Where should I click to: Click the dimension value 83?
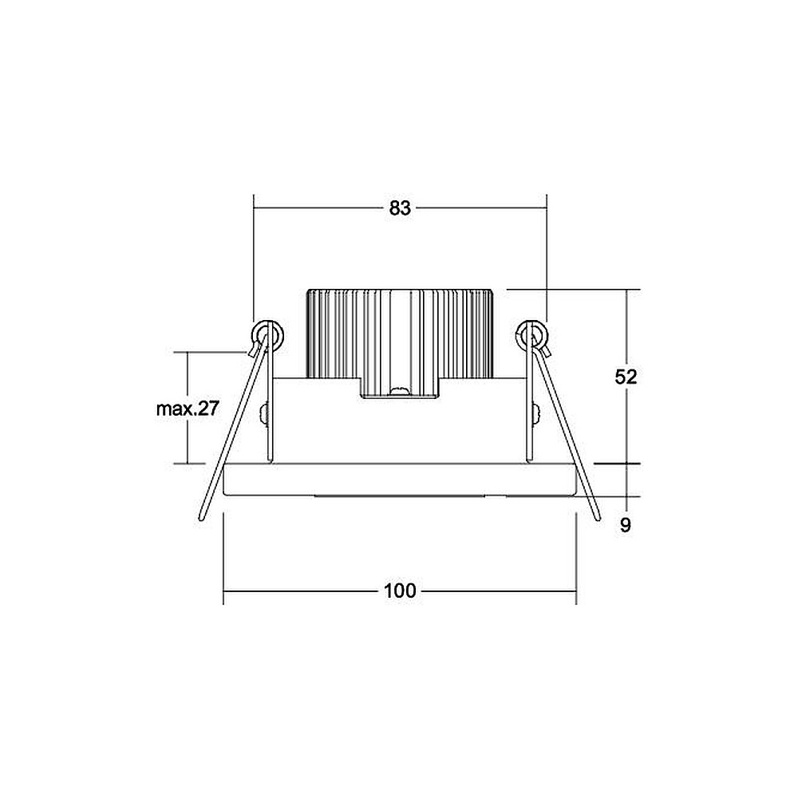click(400, 208)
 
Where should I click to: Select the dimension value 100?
click(400, 591)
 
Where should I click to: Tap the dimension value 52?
click(626, 377)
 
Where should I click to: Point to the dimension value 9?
click(626, 525)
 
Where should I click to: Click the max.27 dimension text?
click(188, 409)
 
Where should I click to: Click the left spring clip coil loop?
click(268, 335)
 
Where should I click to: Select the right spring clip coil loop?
click(532, 335)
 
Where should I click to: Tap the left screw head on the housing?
click(263, 413)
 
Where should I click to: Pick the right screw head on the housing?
click(536, 413)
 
